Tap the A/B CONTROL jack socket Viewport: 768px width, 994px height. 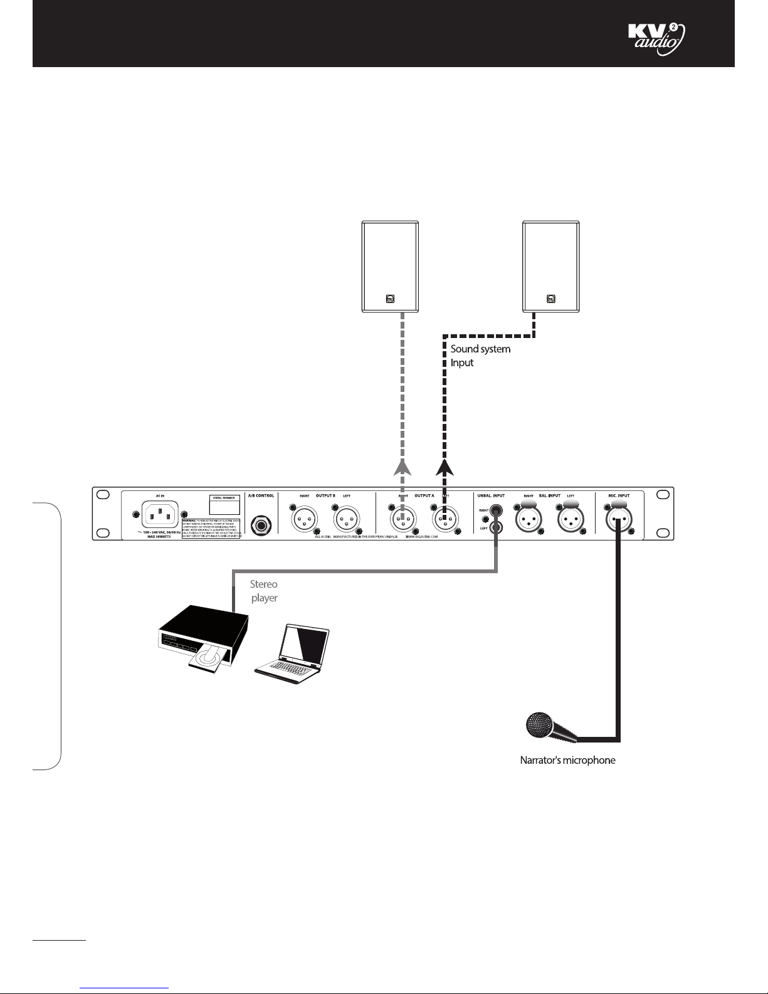261,523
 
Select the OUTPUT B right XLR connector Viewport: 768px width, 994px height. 303,519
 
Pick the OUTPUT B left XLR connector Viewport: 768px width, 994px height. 347,519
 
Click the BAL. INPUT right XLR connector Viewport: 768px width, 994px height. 528,518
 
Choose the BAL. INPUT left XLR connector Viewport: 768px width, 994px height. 571,518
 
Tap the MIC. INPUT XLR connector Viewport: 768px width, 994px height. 619,518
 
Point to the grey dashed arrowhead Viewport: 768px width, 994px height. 403,467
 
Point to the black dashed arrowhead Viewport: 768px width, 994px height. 445,467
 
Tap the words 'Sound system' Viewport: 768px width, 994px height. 480,349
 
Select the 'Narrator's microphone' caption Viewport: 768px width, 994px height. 567,760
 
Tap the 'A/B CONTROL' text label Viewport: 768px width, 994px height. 261,495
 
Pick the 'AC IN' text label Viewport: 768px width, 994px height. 159,495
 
